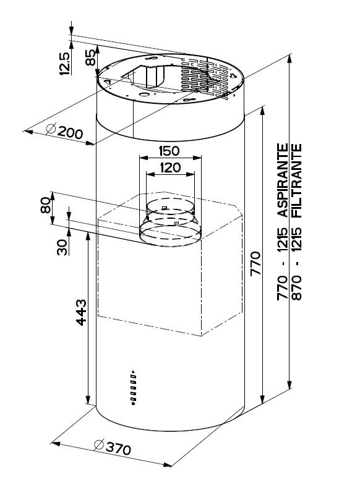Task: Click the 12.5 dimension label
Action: [65, 64]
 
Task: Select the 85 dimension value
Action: [90, 57]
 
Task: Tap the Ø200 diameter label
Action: [64, 132]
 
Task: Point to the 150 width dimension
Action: [169, 151]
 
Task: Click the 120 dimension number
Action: [170, 167]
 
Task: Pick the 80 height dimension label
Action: [46, 205]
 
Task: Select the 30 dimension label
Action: [62, 247]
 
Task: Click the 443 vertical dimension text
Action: [81, 312]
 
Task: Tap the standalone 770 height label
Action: [255, 263]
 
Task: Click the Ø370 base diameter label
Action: [112, 447]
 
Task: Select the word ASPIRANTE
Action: [283, 180]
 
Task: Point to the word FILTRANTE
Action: [297, 180]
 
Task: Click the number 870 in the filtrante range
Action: [297, 287]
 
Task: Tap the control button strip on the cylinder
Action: [134, 387]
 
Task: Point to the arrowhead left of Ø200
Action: [28, 132]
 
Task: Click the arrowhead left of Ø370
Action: [56, 444]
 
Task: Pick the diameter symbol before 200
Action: [50, 129]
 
